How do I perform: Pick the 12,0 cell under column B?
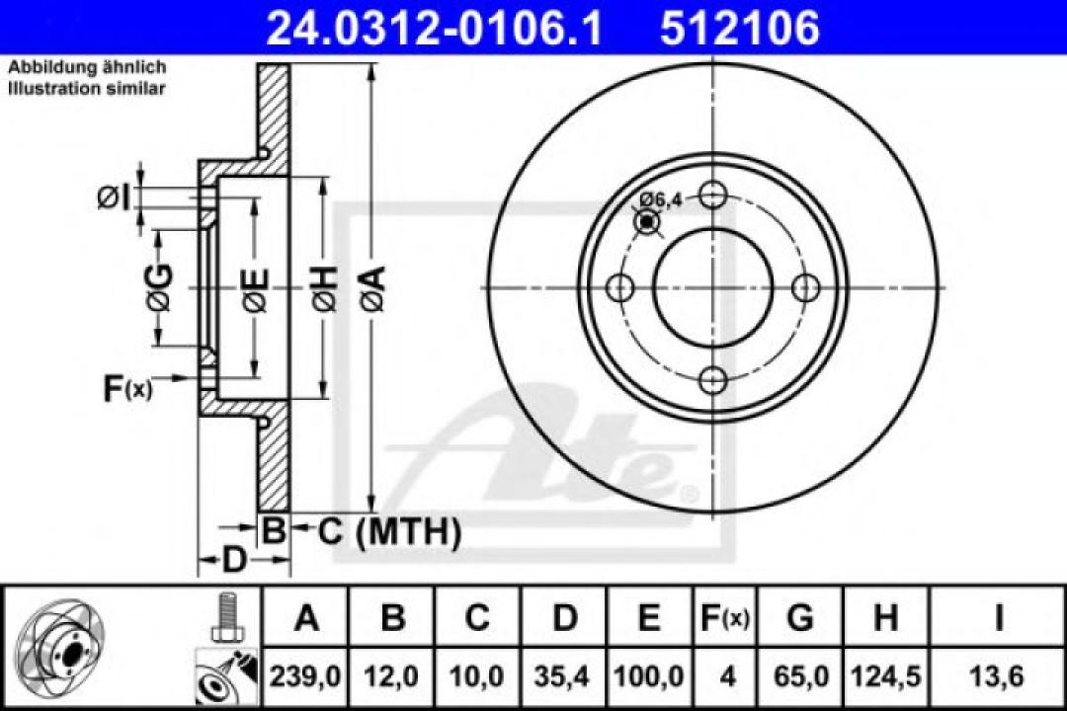click(x=393, y=676)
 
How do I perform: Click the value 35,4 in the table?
click(x=564, y=676)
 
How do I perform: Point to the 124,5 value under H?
click(x=885, y=676)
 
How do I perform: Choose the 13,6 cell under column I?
click(x=999, y=676)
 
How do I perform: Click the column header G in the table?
click(x=800, y=619)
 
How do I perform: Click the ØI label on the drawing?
click(x=113, y=197)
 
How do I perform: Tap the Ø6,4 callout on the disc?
click(x=661, y=200)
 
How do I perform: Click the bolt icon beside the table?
click(x=226, y=618)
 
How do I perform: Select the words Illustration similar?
click(x=87, y=88)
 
